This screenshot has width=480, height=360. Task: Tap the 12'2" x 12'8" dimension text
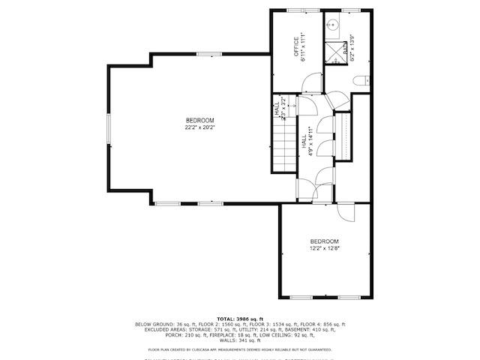(325, 248)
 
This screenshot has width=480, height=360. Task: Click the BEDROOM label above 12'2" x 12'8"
(325, 241)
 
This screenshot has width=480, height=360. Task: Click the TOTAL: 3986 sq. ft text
(240, 319)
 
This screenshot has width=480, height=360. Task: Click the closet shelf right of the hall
(344, 136)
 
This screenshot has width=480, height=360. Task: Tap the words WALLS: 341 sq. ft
(240, 340)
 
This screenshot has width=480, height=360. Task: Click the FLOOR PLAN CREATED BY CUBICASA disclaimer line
(240, 349)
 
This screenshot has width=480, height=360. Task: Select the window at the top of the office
(296, 10)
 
